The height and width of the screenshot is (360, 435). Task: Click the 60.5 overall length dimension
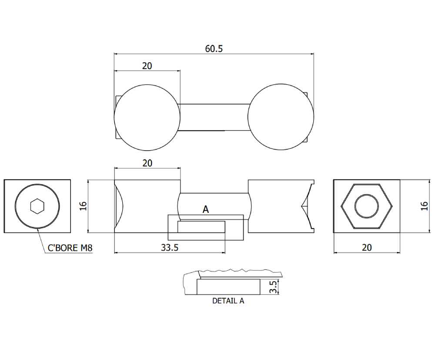pos(214,49)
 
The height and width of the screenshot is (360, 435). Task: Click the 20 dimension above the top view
pos(147,66)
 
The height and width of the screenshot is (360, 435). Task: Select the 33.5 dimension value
pos(170,247)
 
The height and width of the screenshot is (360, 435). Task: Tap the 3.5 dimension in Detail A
pos(273,287)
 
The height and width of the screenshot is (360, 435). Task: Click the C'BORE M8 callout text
pos(70,248)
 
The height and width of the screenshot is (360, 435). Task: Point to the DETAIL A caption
pos(228,301)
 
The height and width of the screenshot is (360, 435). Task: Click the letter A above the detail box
pos(206,209)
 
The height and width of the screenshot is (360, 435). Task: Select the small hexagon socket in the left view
pos(37,206)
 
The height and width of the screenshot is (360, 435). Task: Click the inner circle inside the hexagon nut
pos(366,206)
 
